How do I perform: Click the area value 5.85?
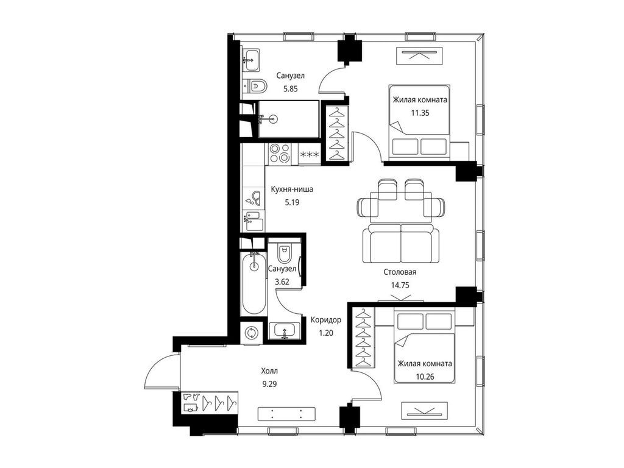(291, 89)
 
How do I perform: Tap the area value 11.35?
(420, 113)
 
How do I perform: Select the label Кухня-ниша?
(292, 190)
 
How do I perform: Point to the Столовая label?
(400, 272)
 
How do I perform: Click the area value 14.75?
(400, 285)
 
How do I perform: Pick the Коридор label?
(326, 320)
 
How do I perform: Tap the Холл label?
(269, 371)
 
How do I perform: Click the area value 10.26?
(425, 377)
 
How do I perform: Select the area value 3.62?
(282, 282)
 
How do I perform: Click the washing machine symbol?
(252, 332)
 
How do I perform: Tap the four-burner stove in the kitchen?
(278, 154)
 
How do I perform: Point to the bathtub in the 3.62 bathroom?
(253, 284)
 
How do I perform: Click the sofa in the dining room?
(401, 244)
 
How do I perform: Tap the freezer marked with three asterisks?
(309, 154)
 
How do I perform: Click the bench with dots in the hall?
(286, 414)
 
